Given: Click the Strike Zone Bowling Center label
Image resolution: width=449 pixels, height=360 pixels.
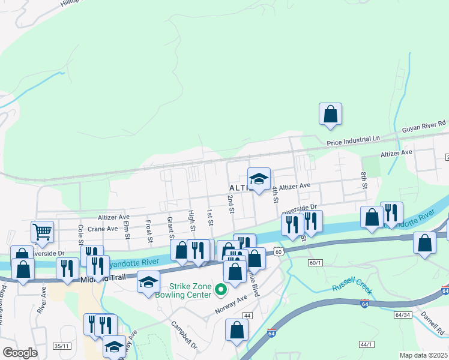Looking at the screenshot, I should pos(191,290).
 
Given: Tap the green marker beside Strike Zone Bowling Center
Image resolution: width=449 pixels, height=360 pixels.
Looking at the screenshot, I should pos(221,290).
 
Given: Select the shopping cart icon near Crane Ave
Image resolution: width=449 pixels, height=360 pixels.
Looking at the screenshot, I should pos(42,232).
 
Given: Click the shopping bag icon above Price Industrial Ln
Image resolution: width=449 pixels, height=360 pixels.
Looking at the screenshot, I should pos(330,113).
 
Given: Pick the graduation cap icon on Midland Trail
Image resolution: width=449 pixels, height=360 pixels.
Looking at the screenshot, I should pos(148,283).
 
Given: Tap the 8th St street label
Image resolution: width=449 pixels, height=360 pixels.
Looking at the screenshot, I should pos(364,179).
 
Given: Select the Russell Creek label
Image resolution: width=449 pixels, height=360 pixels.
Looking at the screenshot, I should pos(352,287).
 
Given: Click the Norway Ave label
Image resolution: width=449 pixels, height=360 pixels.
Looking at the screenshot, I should pos(231,305).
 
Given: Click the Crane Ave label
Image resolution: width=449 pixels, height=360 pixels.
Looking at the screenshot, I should pos(102,229).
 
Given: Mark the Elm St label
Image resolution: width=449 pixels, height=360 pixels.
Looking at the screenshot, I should pos(126,229).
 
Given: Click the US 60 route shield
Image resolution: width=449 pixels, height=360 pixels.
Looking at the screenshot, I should pos(277,252).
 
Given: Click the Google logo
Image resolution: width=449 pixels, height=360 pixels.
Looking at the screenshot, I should pos(20,353).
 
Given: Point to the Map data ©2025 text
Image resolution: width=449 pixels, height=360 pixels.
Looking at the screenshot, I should pos(424,355).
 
